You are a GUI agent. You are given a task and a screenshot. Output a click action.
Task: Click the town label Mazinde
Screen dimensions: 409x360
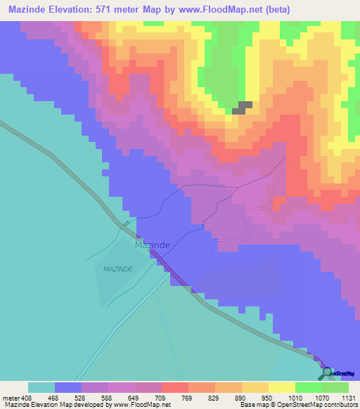tap(152, 247)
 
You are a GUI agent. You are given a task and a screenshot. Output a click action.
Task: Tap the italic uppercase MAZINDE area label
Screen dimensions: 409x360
tap(118, 269)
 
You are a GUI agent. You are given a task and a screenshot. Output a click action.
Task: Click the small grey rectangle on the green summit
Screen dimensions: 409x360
tap(243, 107)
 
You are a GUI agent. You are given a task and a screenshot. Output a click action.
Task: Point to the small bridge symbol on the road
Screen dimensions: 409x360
tap(126, 224)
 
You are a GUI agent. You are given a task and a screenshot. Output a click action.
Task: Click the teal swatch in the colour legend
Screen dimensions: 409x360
tap(41, 387)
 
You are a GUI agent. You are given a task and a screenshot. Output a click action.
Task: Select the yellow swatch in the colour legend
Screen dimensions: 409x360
tap(281, 387)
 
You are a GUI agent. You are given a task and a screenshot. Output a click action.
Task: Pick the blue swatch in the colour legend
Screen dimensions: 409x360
tap(68, 387)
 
